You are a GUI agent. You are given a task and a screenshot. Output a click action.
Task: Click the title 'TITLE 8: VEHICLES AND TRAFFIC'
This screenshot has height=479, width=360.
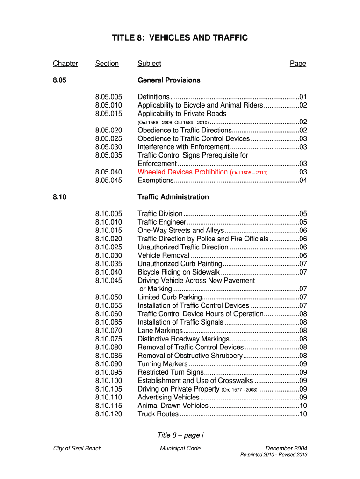[180, 38]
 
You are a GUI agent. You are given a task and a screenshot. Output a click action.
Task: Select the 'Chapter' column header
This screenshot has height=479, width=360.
[65, 64]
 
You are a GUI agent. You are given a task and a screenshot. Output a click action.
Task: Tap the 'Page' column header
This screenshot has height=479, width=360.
[298, 64]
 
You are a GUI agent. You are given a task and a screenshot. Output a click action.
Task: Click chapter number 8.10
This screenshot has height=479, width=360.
[60, 197]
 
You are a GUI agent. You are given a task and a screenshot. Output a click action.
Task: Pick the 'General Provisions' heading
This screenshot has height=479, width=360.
[169, 80]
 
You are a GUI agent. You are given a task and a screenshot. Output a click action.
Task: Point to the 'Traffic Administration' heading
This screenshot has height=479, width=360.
[173, 197]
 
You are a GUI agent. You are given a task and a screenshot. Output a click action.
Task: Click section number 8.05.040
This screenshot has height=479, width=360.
[108, 172]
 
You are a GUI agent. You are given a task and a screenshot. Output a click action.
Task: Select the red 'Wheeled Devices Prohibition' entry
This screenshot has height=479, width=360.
[182, 172]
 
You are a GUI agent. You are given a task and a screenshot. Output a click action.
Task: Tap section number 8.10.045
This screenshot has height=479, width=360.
[108, 281]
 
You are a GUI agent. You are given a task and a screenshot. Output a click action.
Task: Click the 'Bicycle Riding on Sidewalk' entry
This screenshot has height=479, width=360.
[178, 272]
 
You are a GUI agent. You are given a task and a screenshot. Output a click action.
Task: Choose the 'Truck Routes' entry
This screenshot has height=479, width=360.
[158, 414]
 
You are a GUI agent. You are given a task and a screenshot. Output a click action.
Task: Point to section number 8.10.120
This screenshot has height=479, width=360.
[108, 414]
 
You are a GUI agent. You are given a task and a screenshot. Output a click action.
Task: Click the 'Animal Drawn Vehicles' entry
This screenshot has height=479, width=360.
[173, 406]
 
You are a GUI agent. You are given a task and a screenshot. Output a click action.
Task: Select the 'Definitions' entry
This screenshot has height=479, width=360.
[153, 97]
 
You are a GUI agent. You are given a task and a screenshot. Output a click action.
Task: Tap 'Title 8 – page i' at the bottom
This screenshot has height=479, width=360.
[180, 435]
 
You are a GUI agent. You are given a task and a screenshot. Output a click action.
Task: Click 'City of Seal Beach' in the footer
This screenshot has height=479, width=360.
[77, 449]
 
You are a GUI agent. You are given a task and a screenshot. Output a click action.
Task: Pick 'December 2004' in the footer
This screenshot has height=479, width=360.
[286, 449]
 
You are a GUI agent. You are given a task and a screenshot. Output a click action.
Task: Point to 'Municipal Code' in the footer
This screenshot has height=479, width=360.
[180, 449]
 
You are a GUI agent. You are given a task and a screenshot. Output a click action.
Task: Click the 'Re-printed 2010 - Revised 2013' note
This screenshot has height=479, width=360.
[274, 455]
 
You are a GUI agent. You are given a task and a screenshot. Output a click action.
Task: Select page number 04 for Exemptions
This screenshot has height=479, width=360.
[303, 181]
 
